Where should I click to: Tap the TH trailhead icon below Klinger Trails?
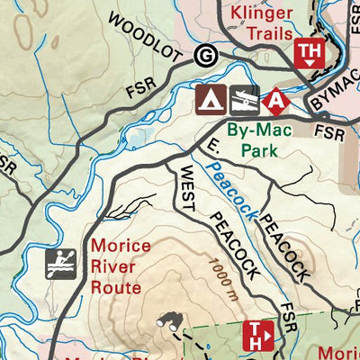(x=309, y=55)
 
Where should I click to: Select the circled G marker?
(x=205, y=57)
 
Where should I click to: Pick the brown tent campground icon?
(x=211, y=100)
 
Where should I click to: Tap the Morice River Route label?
(x=116, y=266)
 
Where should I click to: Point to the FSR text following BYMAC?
(x=331, y=132)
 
